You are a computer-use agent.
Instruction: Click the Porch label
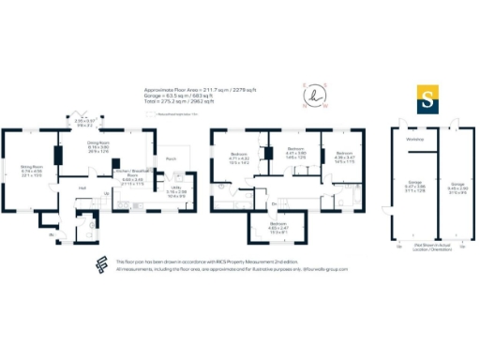pyautogui.click(x=171, y=159)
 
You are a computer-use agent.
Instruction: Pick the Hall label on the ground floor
pyautogui.click(x=83, y=188)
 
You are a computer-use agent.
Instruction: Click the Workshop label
pyautogui.click(x=414, y=141)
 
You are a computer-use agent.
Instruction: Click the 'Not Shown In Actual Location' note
pyautogui.click(x=431, y=247)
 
